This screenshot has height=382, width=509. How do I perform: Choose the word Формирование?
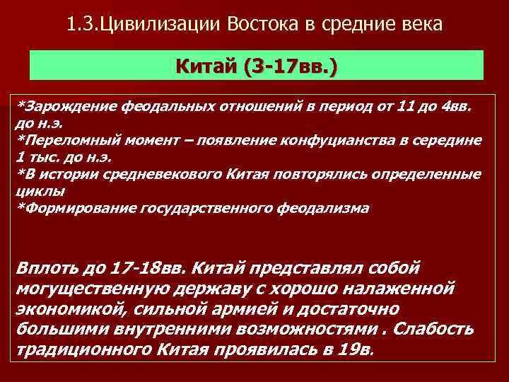click(78, 208)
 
